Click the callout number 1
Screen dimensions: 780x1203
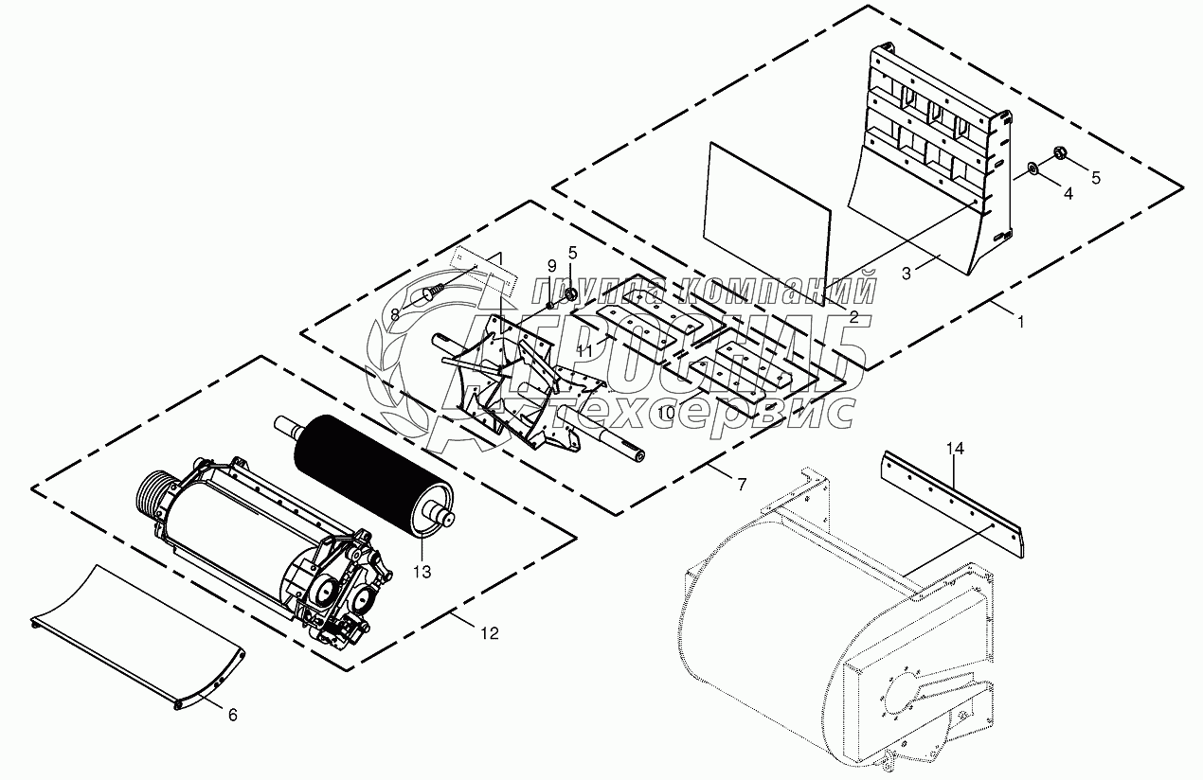1020,322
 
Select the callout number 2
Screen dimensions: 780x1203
853,317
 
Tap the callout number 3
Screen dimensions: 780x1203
907,273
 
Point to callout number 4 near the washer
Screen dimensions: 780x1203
1068,193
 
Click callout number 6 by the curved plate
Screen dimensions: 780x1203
233,716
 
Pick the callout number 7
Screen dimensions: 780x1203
742,485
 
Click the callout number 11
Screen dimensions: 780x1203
584,350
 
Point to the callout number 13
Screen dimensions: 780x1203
421,572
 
